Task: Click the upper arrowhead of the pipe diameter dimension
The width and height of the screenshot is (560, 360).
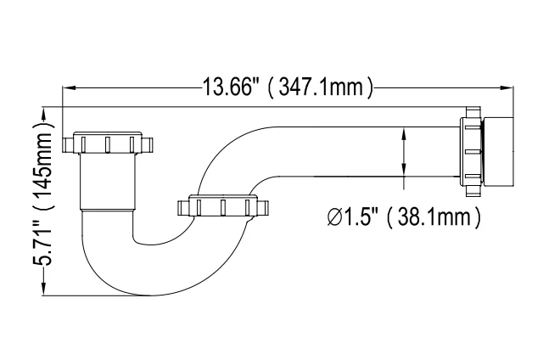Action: (403, 132)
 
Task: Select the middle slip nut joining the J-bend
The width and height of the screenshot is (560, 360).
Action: (221, 207)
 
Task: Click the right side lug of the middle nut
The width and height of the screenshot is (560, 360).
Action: (264, 207)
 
